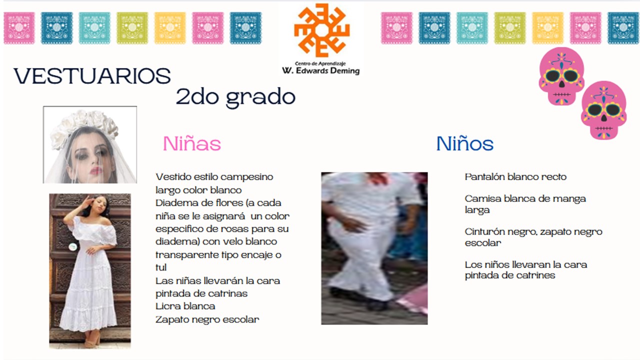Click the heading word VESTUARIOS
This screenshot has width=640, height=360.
pyautogui.click(x=92, y=76)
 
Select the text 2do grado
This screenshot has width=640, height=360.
pyautogui.click(x=235, y=97)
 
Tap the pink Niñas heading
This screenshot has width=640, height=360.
pyautogui.click(x=192, y=143)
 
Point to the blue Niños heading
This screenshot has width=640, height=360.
pyautogui.click(x=465, y=143)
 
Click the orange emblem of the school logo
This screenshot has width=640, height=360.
pyautogui.click(x=322, y=30)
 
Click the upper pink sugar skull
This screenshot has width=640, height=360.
pyautogui.click(x=561, y=76)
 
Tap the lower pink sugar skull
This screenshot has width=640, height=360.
pyautogui.click(x=603, y=110)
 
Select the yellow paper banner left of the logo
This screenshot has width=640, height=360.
pyautogui.click(x=170, y=28)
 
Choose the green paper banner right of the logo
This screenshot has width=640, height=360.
pyautogui.click(x=510, y=28)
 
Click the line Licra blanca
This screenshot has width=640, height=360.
pyautogui.click(x=185, y=306)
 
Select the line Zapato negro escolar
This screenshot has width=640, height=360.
pyautogui.click(x=207, y=319)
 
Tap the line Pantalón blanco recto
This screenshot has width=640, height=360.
pyautogui.click(x=515, y=177)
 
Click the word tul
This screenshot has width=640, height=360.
pyautogui.click(x=161, y=267)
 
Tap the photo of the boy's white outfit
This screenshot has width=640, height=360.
pyautogui.click(x=374, y=248)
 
